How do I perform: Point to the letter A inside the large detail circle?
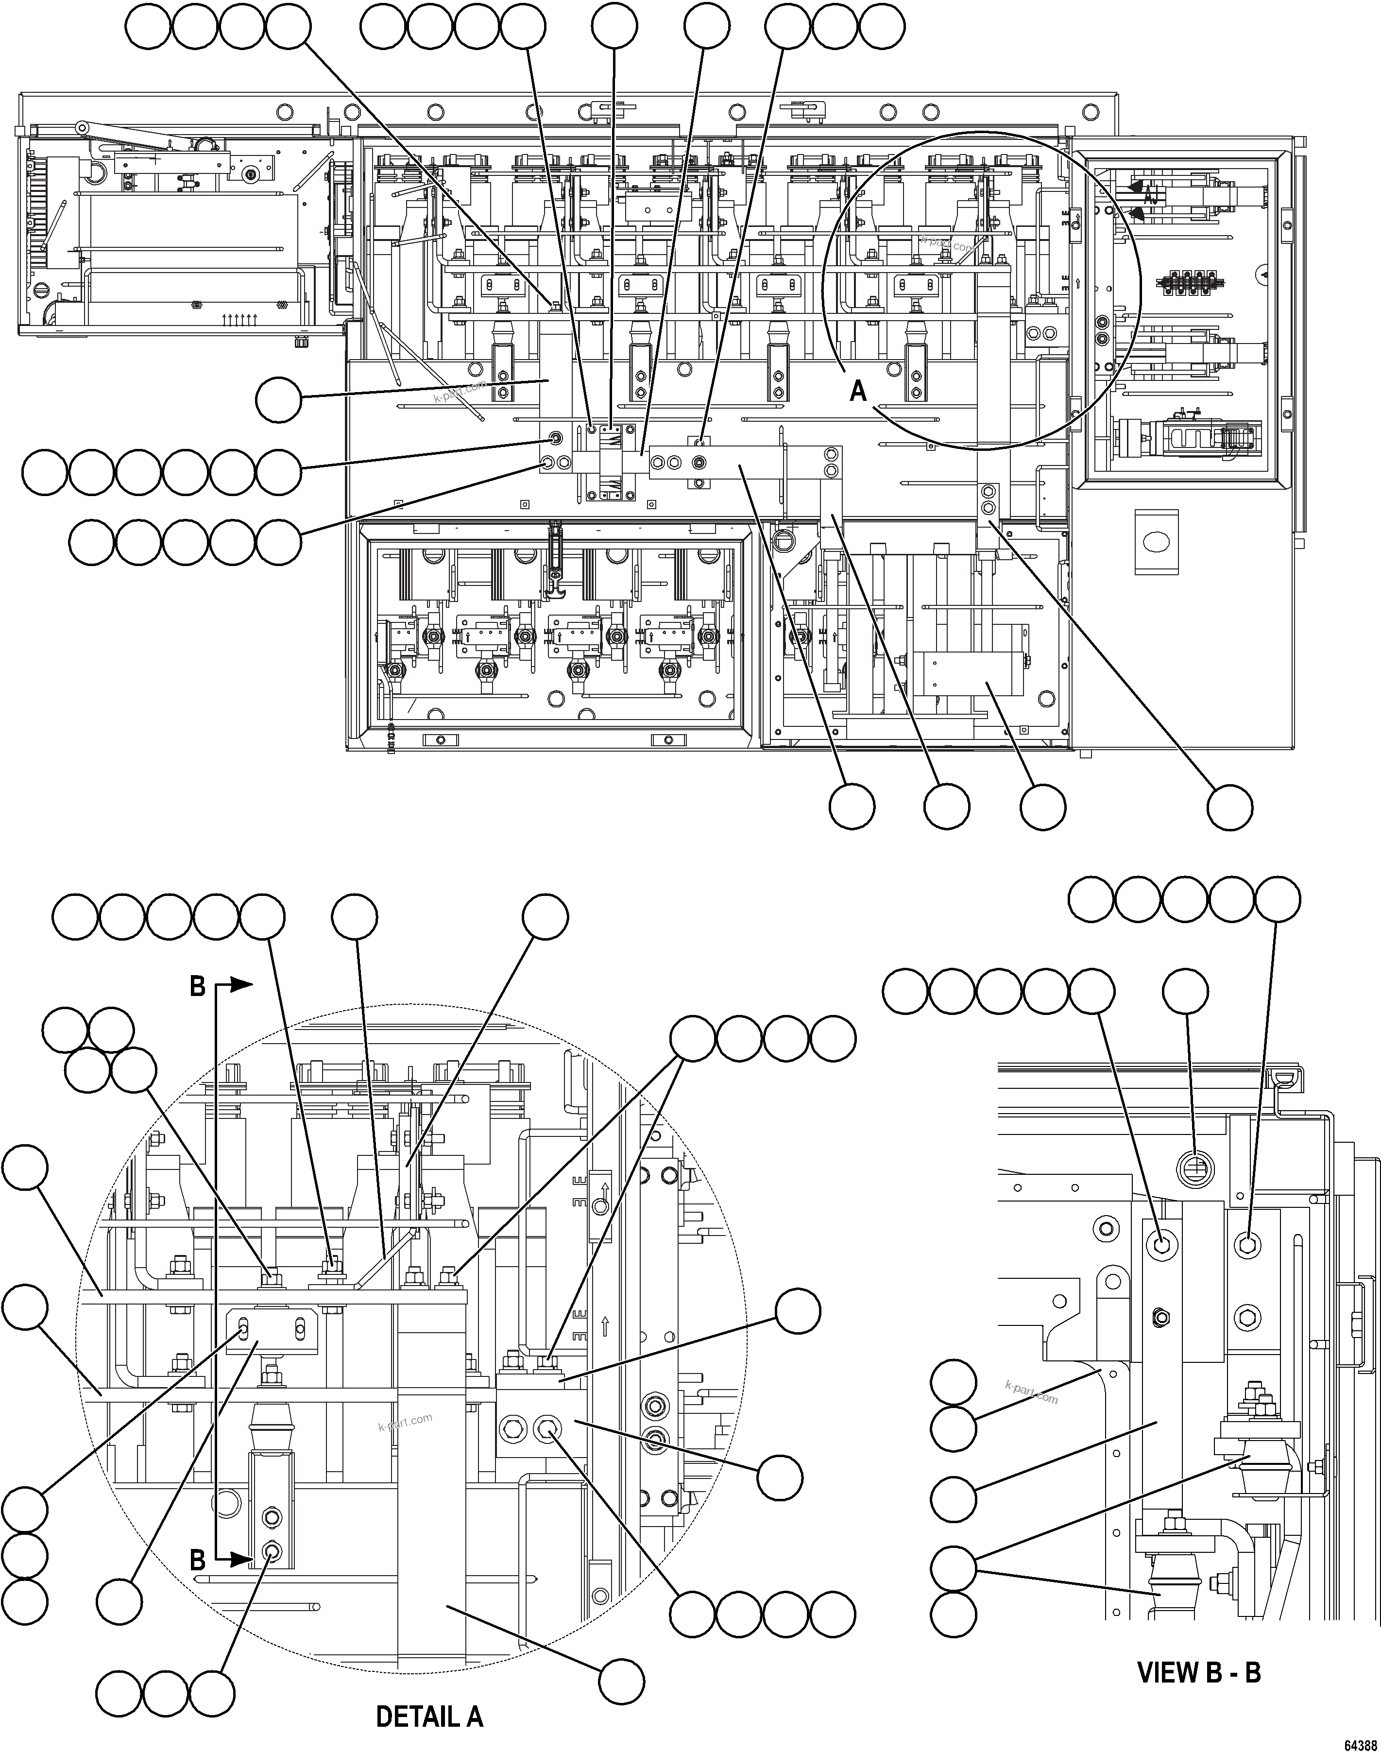(x=858, y=391)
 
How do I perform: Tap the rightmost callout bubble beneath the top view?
(x=1230, y=806)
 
